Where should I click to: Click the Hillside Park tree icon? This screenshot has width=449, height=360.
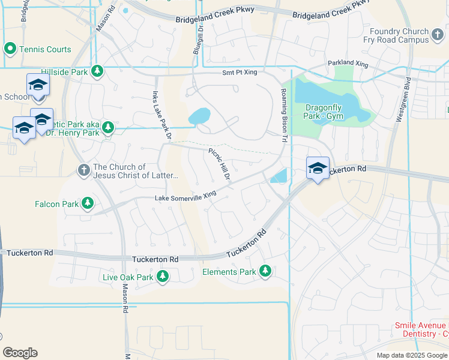[97, 72]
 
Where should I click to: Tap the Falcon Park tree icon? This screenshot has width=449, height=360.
[88, 204]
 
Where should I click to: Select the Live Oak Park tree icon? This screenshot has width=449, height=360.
[162, 277]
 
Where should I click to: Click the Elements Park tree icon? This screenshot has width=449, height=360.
[265, 272]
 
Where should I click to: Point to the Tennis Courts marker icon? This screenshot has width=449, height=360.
[10, 49]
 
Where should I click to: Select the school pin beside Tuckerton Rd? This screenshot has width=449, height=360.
[317, 168]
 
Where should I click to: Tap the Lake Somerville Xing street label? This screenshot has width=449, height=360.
[185, 196]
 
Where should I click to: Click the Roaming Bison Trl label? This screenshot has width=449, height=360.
[285, 115]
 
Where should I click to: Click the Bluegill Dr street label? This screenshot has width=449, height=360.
[197, 39]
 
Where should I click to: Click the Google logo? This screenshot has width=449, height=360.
[20, 353]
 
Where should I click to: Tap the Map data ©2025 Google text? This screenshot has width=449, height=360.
[411, 355]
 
